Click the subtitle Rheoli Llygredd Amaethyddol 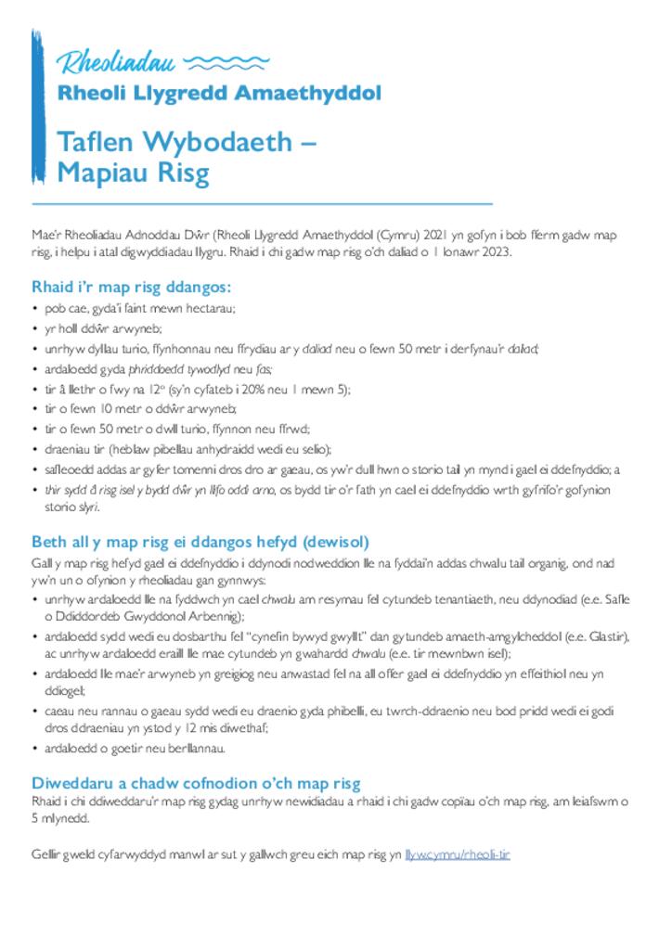pos(219,94)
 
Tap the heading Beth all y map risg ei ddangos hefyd pos(200,542)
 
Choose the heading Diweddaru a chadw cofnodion pos(196,783)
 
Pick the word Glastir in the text pos(610,636)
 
